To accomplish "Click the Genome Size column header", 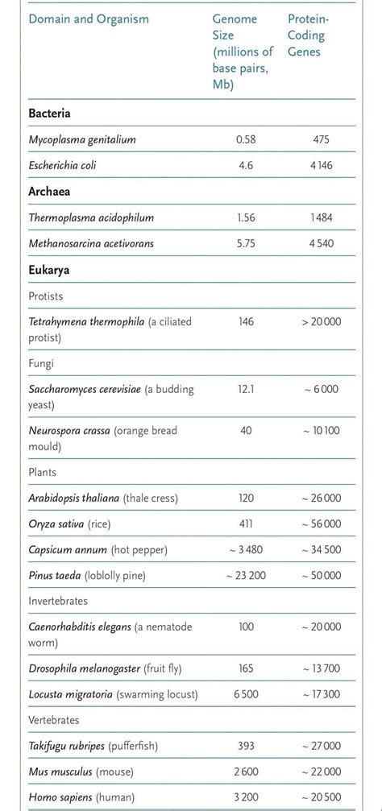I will (242, 51).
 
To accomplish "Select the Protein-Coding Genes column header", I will (309, 35).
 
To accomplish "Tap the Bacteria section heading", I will (49, 114).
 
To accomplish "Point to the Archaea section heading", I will (49, 192).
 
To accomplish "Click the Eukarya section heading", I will (48, 270).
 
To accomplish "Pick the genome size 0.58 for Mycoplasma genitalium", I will (246, 139).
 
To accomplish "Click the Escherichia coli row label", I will (68, 165).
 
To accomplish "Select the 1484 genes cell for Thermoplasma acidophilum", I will (322, 217).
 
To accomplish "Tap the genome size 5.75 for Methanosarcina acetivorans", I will (246, 243).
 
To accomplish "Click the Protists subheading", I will (46, 296).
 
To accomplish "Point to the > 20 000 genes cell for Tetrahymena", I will (322, 321).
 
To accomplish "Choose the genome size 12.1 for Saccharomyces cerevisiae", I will (246, 389).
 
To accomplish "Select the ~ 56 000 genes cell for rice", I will (322, 523).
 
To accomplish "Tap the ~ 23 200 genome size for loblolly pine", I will (246, 575).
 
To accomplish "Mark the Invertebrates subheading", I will (58, 601).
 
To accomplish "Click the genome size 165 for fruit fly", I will (246, 668).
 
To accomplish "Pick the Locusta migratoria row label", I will (113, 694).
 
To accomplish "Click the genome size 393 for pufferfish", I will (246, 746).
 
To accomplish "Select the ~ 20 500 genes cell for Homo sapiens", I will (322, 797).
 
